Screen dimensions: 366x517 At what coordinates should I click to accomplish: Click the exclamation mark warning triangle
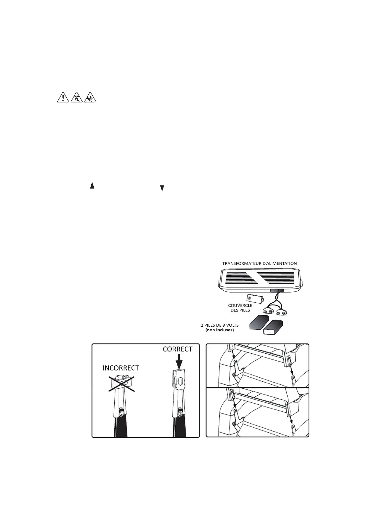[x=63, y=97]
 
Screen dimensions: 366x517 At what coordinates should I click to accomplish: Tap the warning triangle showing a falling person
[x=77, y=97]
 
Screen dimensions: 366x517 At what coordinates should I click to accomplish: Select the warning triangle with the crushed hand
[x=90, y=97]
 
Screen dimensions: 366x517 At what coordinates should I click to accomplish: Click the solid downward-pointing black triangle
[x=162, y=188]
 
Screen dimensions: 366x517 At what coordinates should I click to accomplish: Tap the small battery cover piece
[x=255, y=298]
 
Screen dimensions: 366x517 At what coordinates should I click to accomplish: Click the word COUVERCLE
[x=240, y=305]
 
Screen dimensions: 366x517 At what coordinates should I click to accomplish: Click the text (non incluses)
[x=219, y=330]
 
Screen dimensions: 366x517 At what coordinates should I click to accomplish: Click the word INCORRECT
[x=121, y=368]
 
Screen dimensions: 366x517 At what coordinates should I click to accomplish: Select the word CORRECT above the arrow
[x=178, y=349]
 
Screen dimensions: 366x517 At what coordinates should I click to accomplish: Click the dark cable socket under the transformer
[x=276, y=290]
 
